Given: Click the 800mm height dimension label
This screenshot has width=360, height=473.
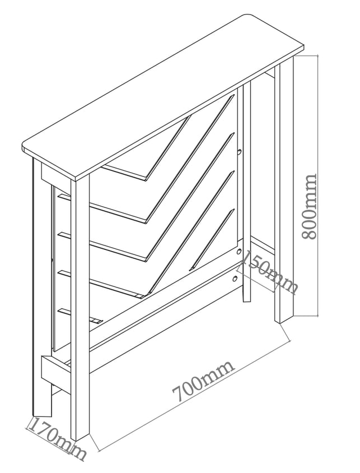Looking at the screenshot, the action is pyautogui.click(x=310, y=206).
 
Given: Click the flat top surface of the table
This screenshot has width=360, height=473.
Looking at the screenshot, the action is pyautogui.click(x=164, y=97).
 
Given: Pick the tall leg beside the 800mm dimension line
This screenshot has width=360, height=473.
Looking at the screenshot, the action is pyautogui.click(x=283, y=190).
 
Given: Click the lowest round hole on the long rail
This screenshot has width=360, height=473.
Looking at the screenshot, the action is pyautogui.click(x=235, y=278).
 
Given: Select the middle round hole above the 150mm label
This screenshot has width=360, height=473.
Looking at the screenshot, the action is pyautogui.click(x=239, y=251).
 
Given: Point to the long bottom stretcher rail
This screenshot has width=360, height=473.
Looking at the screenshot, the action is pyautogui.click(x=166, y=314).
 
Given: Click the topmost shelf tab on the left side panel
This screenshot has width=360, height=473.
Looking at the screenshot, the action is pyautogui.click(x=65, y=197).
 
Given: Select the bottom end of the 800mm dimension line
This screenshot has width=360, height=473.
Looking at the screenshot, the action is pyautogui.click(x=318, y=316).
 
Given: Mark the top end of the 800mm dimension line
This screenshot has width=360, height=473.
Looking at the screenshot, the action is pyautogui.click(x=318, y=55).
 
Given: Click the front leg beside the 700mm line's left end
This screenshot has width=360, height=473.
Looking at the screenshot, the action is pyautogui.click(x=80, y=308).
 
